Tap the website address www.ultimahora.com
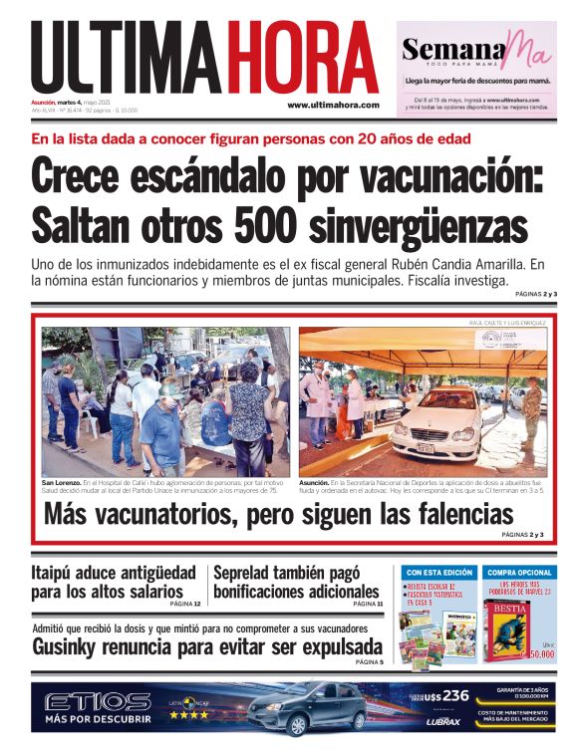333,105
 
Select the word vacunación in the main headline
438,176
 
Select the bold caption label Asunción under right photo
317,481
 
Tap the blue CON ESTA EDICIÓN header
438,573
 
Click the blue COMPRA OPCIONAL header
520,573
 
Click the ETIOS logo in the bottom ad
98,702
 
